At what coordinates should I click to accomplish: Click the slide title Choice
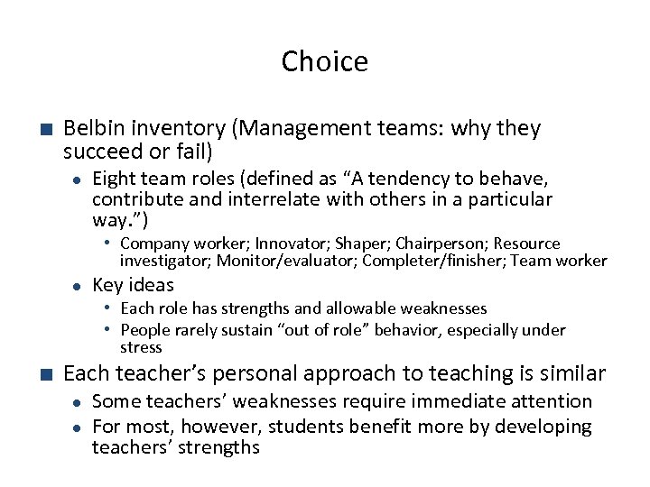324,62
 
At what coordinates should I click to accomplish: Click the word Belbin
95,129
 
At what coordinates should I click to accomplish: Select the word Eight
116,179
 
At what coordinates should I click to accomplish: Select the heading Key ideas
134,285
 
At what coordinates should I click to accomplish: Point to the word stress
141,347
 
